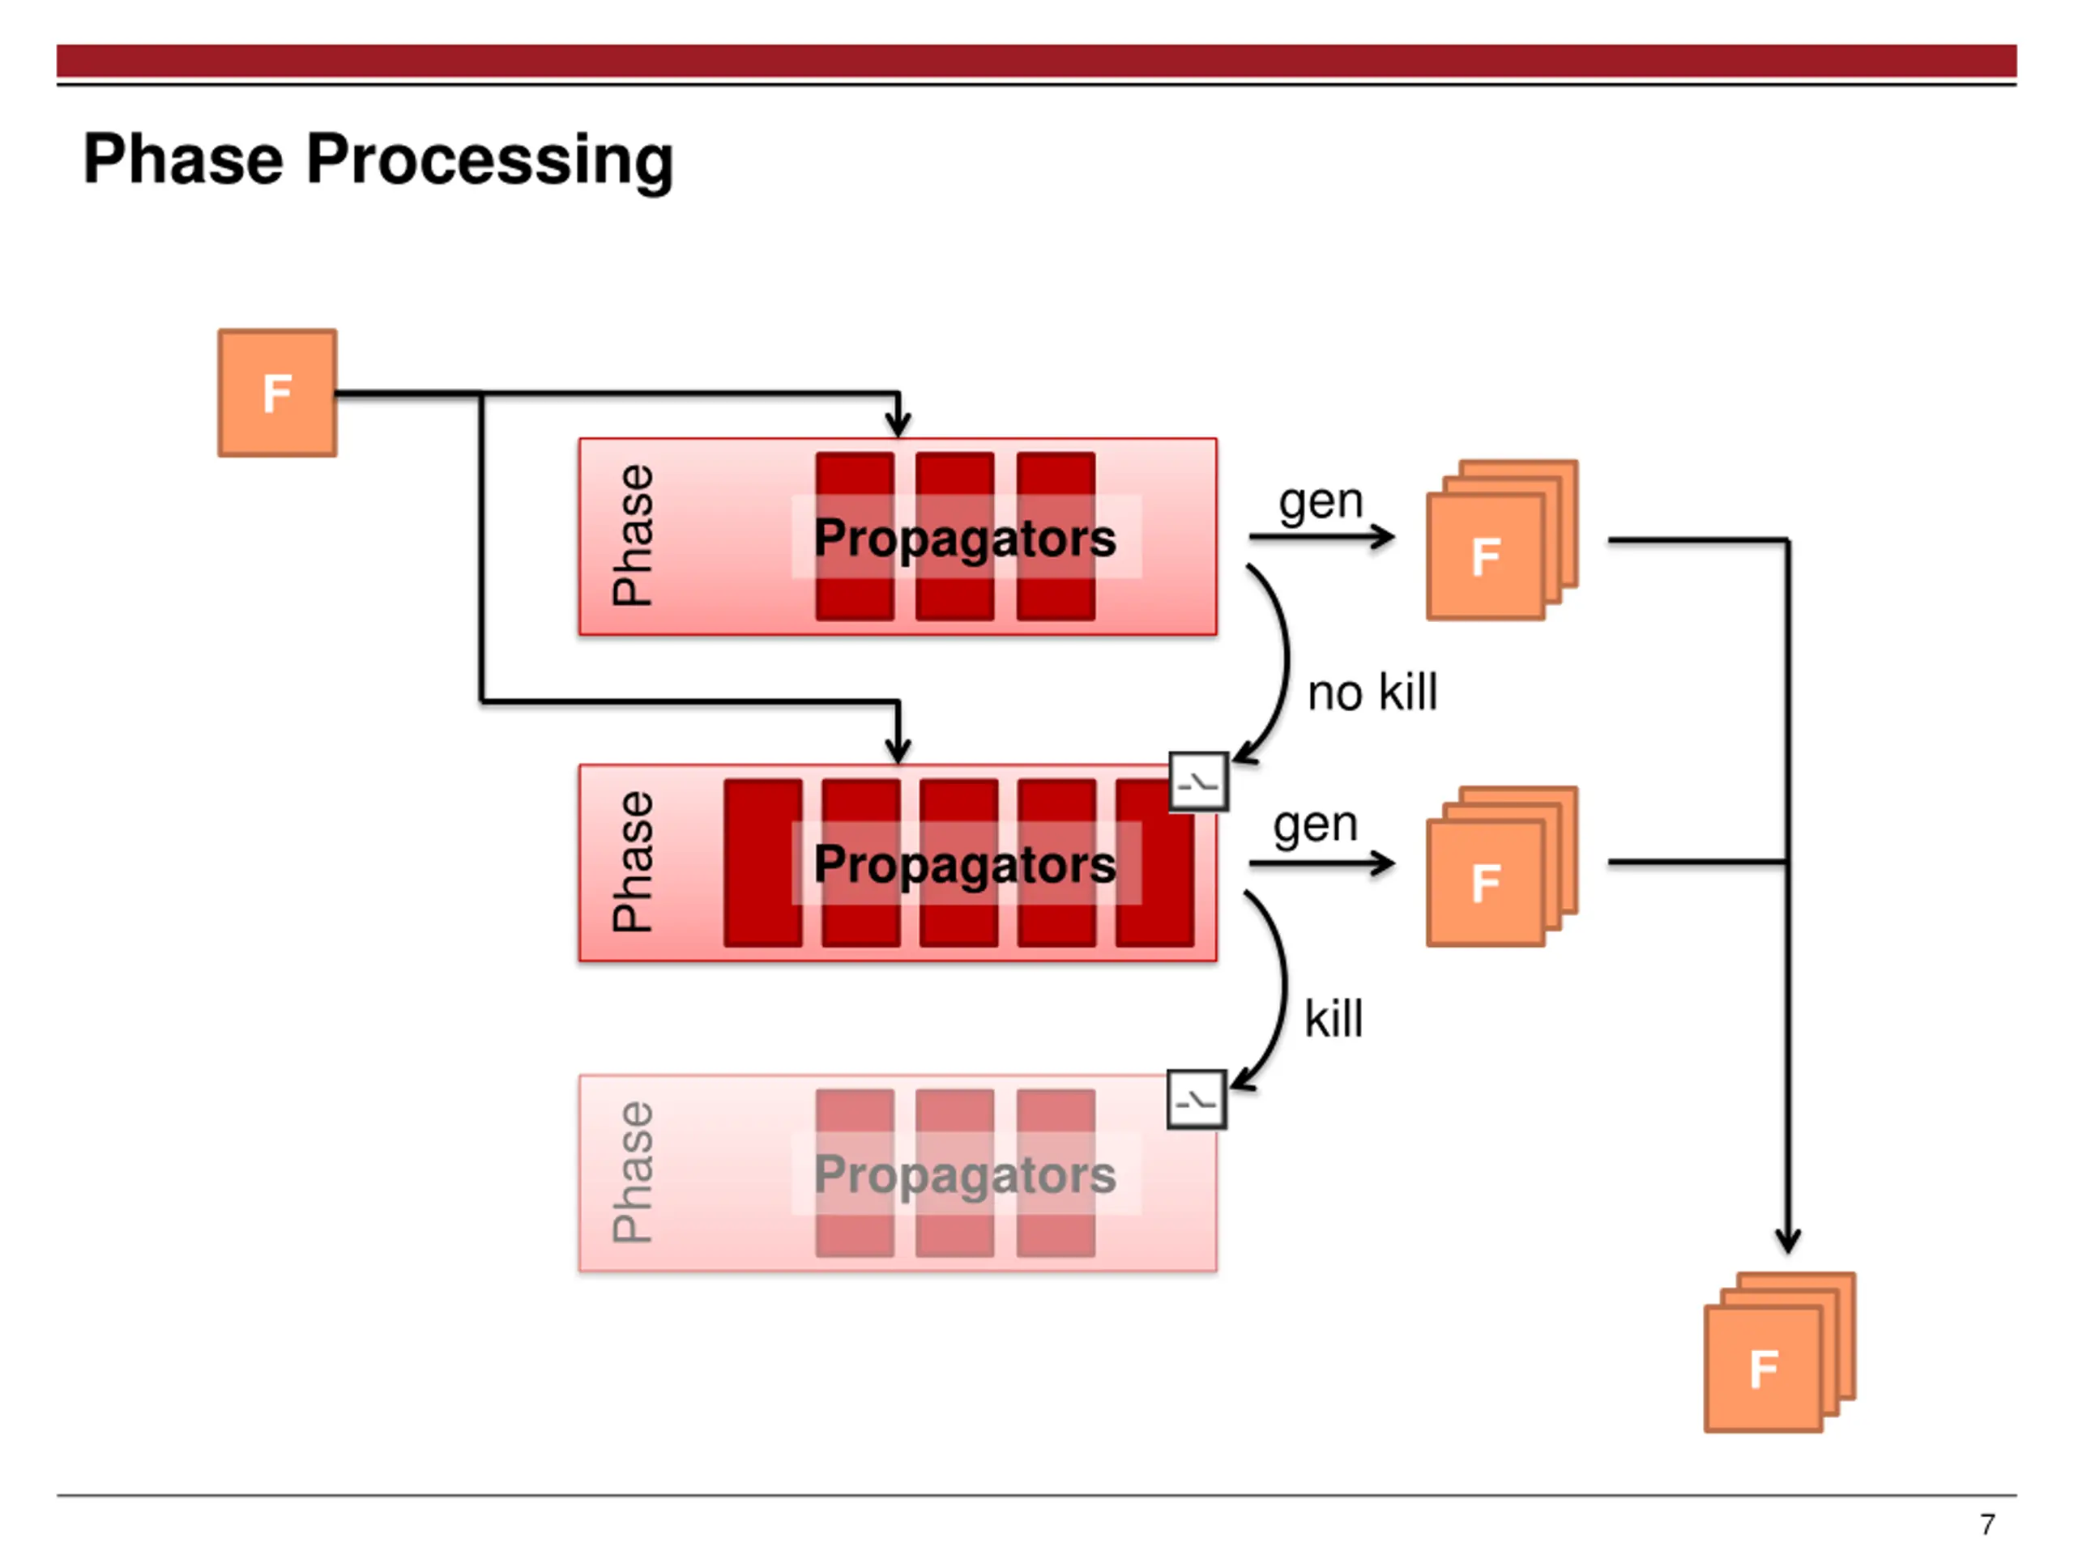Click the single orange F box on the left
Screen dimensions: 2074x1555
(278, 393)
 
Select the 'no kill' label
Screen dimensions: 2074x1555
(1372, 693)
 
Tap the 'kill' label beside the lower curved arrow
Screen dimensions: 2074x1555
(1334, 1019)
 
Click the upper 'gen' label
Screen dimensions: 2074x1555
(1321, 502)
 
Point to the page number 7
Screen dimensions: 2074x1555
(1987, 1524)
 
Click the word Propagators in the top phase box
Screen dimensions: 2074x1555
(965, 538)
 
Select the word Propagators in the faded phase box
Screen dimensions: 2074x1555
(965, 1174)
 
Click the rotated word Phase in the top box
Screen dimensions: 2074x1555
(633, 535)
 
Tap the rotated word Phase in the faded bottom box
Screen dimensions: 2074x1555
(633, 1172)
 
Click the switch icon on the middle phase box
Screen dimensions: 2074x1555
(1198, 781)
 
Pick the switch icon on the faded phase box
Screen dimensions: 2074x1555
(1197, 1100)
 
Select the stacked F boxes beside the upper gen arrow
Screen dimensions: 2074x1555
(1502, 540)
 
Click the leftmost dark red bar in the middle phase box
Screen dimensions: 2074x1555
(763, 863)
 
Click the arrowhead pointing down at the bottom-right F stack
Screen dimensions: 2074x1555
(1788, 1241)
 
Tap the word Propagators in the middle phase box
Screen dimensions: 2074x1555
(965, 864)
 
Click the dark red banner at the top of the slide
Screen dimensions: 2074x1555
(1036, 60)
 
